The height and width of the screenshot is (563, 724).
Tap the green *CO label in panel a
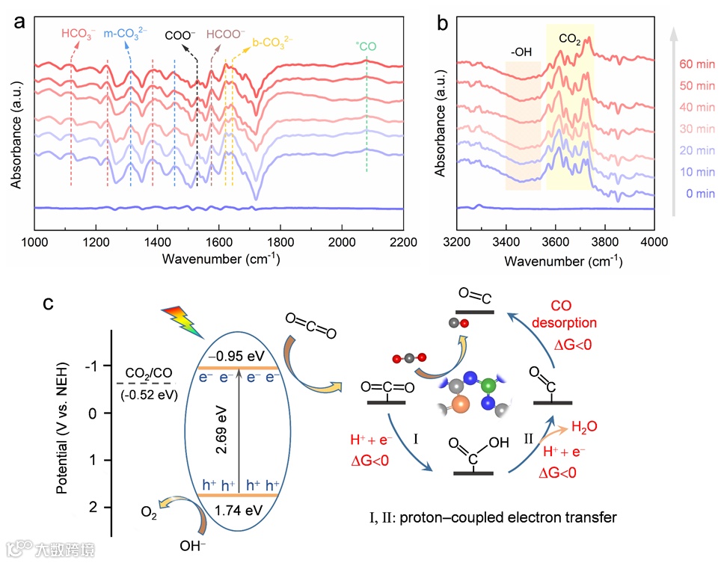coord(366,46)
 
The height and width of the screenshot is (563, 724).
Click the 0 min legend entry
coord(701,194)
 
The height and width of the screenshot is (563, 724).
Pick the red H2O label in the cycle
coord(584,428)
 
